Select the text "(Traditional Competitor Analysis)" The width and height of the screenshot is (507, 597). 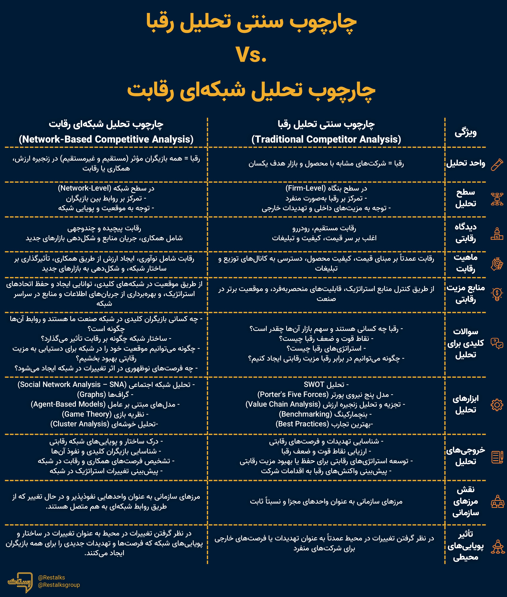coord(326,139)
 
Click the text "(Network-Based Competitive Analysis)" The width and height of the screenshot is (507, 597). coord(106,139)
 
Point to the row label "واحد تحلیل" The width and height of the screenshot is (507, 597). coord(465,163)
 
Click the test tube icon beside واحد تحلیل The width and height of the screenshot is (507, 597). coord(497,165)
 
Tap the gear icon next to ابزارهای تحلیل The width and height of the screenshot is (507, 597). coord(497,405)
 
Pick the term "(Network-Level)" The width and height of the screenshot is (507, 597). coord(84,188)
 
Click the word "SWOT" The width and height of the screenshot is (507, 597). coord(314,384)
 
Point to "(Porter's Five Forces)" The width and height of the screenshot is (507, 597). coord(293,394)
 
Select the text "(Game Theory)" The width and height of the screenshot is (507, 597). coord(86,414)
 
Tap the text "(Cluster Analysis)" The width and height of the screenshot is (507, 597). coord(80,424)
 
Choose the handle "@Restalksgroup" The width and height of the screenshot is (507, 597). coord(59,585)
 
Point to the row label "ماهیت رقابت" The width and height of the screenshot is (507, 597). coord(465,263)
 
